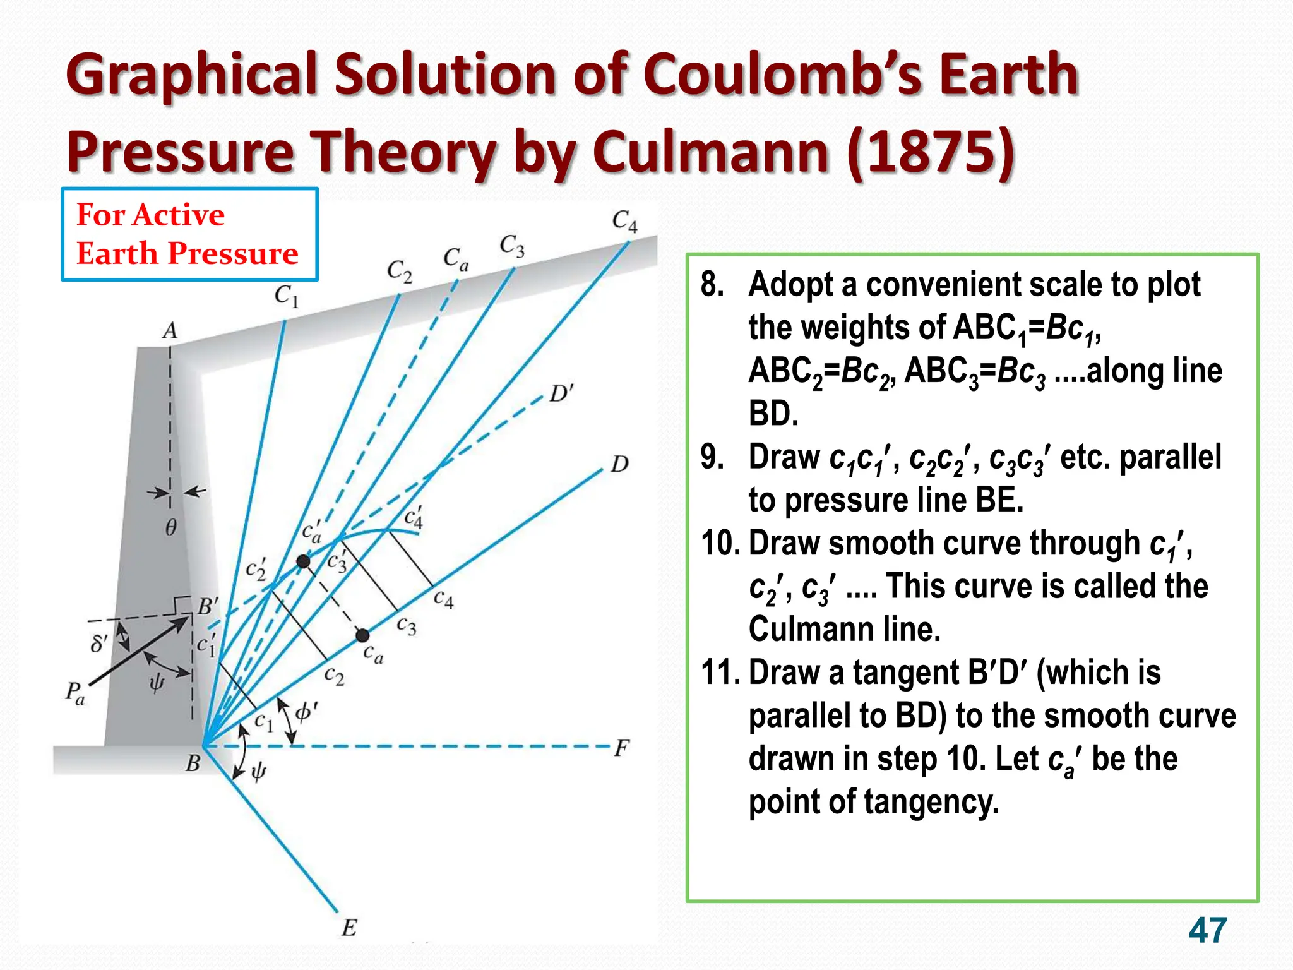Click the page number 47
[x=1207, y=930]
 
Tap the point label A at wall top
[x=170, y=331]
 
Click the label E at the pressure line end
[x=349, y=928]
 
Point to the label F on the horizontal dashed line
[x=622, y=748]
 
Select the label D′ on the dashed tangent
[x=561, y=394]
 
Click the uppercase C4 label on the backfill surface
[x=625, y=221]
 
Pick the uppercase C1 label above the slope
[x=286, y=296]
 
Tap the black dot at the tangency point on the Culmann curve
[x=304, y=561]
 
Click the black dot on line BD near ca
[x=362, y=635]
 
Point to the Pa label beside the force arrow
[x=74, y=693]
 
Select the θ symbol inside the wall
[x=170, y=527]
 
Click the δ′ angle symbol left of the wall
[x=99, y=644]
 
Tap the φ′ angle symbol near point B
[x=306, y=712]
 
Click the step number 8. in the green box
[x=713, y=284]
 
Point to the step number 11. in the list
[x=720, y=672]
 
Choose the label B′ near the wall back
[x=208, y=608]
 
